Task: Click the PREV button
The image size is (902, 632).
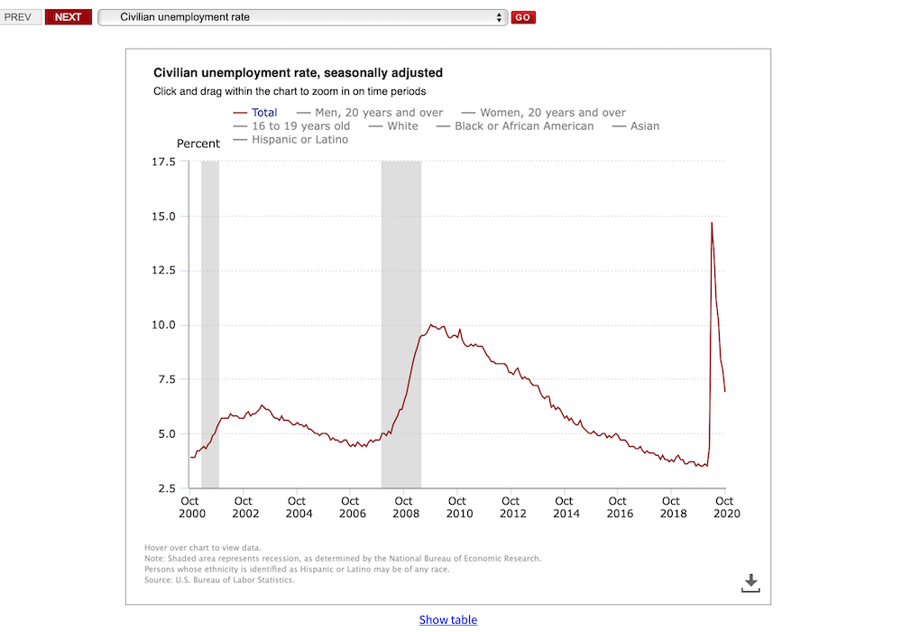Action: [x=18, y=17]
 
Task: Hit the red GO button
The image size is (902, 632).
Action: [x=523, y=17]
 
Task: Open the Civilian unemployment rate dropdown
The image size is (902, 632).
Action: [x=302, y=17]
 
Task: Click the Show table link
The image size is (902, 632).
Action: [x=448, y=619]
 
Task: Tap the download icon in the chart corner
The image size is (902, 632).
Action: [x=750, y=583]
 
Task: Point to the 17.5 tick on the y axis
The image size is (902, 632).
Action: [x=163, y=162]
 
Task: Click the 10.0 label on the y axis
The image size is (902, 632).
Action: [x=163, y=325]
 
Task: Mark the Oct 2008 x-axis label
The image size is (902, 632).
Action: [x=404, y=507]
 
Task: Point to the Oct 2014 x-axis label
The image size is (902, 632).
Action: [x=565, y=507]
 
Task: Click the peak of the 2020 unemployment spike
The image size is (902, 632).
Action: [x=712, y=222]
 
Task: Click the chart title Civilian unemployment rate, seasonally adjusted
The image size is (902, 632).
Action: [x=298, y=73]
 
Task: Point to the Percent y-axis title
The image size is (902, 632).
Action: [x=198, y=144]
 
